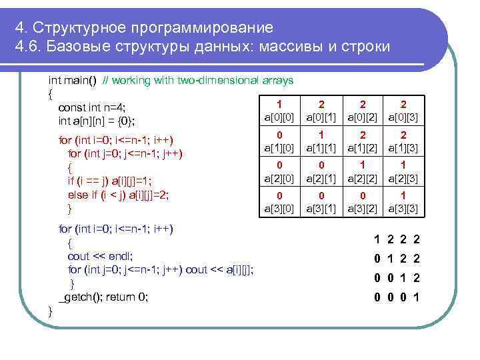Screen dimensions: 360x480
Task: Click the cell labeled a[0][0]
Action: tap(279, 111)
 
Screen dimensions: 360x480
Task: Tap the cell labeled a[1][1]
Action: tap(321, 141)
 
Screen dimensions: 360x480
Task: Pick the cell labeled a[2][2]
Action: tap(362, 171)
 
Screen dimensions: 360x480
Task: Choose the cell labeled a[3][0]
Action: tap(279, 202)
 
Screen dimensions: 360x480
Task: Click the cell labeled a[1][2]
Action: tap(362, 141)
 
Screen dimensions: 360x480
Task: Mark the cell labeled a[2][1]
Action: tap(321, 171)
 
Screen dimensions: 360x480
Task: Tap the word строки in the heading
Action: tap(365, 48)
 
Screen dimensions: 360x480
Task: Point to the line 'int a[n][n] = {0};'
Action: tap(97, 121)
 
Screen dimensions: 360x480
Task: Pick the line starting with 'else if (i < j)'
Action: tap(119, 194)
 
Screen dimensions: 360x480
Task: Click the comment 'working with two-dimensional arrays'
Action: tap(203, 81)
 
